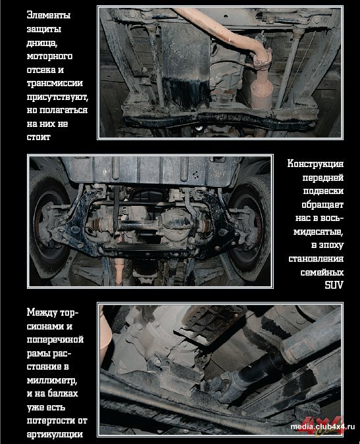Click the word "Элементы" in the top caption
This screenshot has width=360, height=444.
click(x=49, y=15)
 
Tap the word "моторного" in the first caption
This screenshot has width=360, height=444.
click(x=49, y=57)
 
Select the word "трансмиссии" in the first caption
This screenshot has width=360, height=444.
click(x=55, y=84)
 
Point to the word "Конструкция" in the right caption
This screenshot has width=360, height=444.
click(x=315, y=164)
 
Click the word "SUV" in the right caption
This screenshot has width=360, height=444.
click(x=334, y=285)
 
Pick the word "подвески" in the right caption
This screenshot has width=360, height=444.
click(x=323, y=191)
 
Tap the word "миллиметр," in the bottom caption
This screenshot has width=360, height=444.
click(x=52, y=380)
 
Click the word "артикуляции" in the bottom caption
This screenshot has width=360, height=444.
click(x=55, y=434)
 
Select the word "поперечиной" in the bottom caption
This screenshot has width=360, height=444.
click(x=55, y=339)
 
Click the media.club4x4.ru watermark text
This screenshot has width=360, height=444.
click(x=322, y=427)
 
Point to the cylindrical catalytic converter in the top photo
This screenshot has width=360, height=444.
click(x=262, y=91)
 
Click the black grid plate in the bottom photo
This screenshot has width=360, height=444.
click(x=211, y=323)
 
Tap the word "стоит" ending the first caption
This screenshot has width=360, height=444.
click(x=39, y=137)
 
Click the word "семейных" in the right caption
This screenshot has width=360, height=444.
click(x=322, y=272)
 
